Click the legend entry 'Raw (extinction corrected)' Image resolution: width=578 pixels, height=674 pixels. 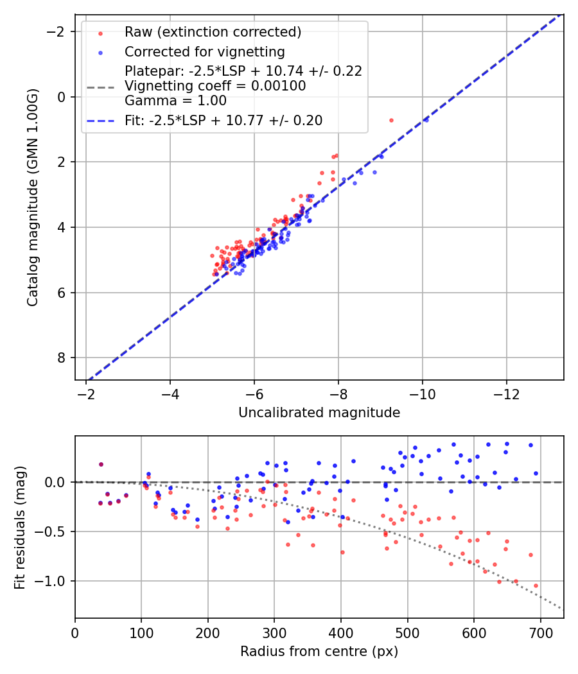point(213,32)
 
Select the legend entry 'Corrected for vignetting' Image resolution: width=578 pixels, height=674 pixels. point(204,51)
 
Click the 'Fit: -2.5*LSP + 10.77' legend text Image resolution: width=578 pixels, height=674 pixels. point(223,120)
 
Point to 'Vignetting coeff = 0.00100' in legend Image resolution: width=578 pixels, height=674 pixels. point(215,86)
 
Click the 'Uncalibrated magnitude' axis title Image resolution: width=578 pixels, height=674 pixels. point(319,413)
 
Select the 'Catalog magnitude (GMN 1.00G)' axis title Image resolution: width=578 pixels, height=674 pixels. point(33,197)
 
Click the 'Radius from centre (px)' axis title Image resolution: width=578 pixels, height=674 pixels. point(319,652)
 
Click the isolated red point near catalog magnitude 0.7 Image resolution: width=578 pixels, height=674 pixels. point(391,120)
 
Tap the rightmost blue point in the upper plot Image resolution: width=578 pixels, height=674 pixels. point(426,119)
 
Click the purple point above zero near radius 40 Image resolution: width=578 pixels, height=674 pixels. point(101,464)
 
